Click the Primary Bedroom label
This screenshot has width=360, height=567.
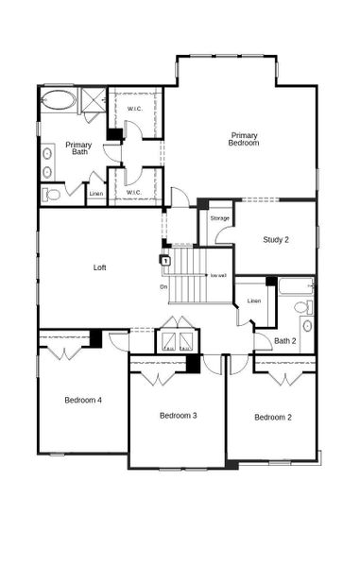point(244,140)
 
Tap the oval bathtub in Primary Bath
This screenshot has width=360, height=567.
point(59,99)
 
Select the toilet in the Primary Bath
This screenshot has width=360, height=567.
point(52,195)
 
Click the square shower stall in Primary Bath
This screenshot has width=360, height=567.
point(93,98)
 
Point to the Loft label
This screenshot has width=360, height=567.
point(99,267)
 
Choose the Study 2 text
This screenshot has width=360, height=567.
point(276,240)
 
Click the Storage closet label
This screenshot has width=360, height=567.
point(219,218)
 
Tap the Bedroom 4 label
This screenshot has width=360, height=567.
point(83,400)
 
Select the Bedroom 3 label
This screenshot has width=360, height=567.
point(178,416)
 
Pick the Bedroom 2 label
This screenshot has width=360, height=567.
point(273,417)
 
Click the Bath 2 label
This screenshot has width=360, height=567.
point(285,341)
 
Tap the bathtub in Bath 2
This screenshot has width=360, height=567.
point(295,283)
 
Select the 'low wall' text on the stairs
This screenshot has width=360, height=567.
point(218,276)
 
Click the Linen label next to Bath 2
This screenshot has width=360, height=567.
point(253,301)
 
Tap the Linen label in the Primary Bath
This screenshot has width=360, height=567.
point(95,195)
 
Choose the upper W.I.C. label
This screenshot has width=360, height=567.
point(134,109)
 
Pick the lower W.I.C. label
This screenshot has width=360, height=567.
point(133,193)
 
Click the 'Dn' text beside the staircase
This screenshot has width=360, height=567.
point(163,286)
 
